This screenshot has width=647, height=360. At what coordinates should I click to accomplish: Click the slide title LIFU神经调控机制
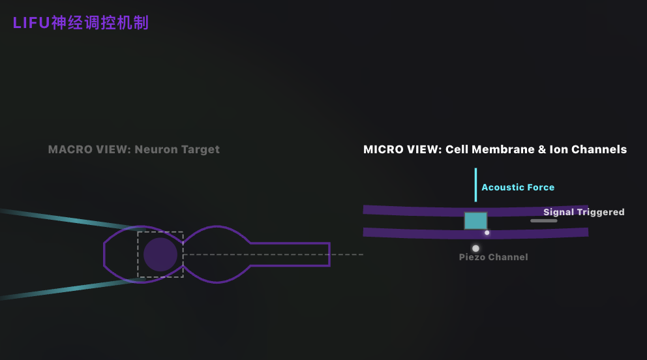(x=80, y=23)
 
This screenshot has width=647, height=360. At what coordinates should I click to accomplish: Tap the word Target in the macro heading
(x=200, y=150)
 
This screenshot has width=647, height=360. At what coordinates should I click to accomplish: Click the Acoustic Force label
(x=518, y=187)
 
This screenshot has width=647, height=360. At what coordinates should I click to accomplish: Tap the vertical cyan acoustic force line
(x=475, y=185)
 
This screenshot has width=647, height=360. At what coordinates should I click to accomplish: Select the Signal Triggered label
(x=584, y=212)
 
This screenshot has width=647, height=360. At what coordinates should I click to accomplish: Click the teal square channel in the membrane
(x=475, y=220)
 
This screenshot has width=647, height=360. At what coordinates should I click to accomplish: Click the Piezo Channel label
(x=494, y=257)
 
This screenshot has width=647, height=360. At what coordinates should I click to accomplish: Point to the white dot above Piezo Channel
(x=475, y=248)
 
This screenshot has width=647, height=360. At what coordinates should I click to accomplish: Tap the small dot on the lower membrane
(x=487, y=233)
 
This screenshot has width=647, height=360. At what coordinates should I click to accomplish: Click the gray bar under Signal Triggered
(x=544, y=220)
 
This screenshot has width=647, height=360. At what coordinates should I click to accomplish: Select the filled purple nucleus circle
(x=160, y=254)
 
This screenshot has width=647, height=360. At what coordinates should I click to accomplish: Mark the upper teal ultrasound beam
(x=70, y=219)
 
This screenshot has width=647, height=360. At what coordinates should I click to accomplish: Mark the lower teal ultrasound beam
(x=70, y=289)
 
